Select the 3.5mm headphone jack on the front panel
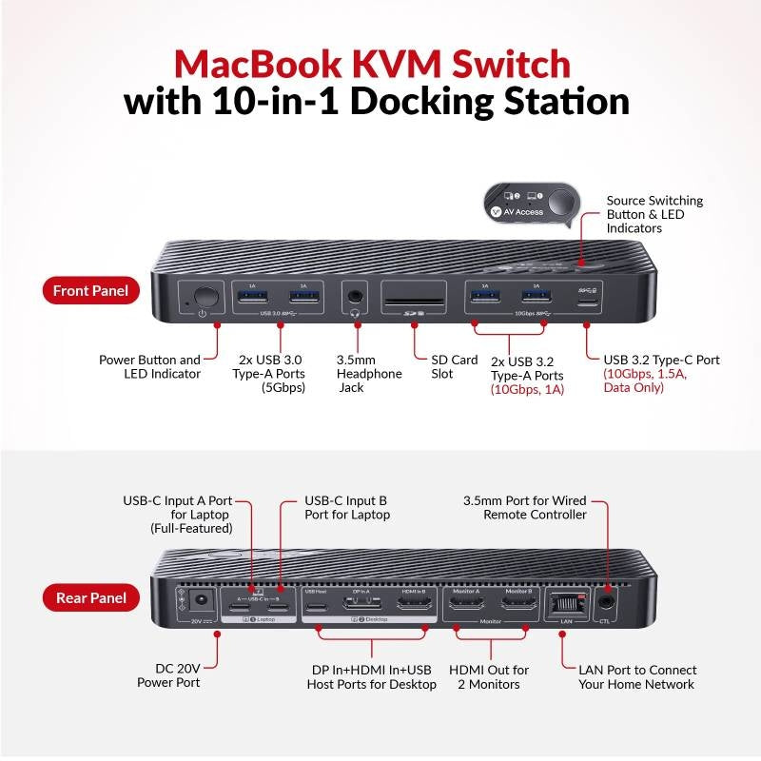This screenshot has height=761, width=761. (358, 296)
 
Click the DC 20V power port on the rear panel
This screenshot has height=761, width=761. (201, 602)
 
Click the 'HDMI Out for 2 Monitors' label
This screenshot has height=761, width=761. (489, 677)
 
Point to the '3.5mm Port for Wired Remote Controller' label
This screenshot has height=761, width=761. (524, 507)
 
